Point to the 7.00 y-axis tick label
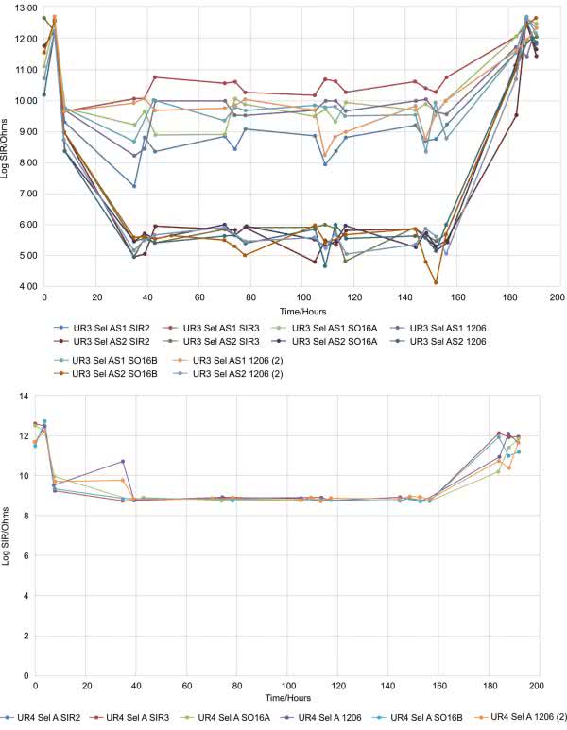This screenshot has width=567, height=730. [x=23, y=194]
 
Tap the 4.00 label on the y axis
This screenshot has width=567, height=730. [x=23, y=286]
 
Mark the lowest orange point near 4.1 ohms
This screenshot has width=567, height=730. [x=436, y=282]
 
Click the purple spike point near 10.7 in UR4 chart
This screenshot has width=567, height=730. [x=123, y=462]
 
